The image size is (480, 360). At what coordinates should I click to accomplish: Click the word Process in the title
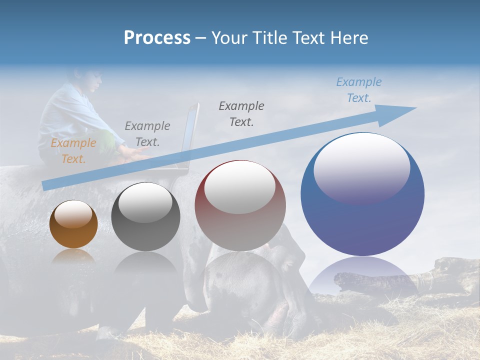157,38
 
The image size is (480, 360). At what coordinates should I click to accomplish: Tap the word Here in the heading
349,38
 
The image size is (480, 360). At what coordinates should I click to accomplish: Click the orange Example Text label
73,151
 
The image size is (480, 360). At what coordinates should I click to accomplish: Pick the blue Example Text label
358,90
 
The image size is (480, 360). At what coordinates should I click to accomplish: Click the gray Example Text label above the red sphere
241,113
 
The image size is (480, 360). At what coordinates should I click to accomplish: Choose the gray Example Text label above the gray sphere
147,133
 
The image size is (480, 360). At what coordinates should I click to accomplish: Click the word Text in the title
307,38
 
